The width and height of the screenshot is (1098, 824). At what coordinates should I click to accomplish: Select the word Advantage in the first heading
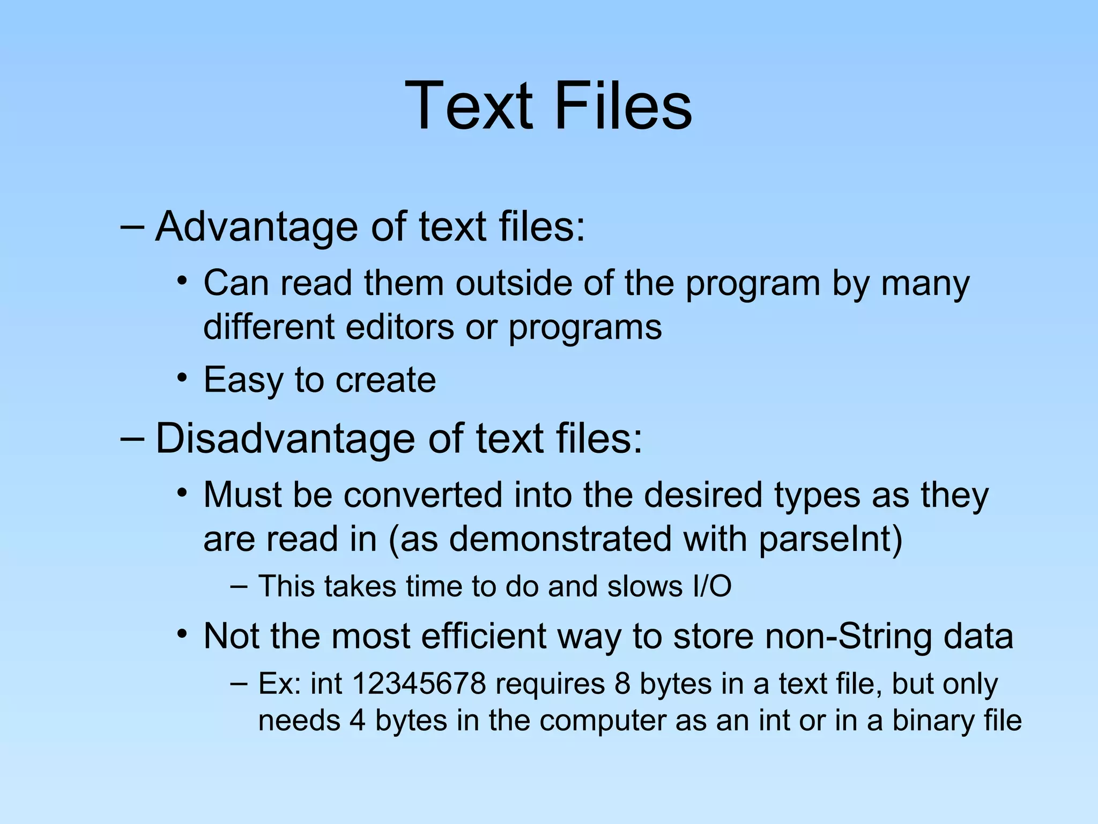coord(256,227)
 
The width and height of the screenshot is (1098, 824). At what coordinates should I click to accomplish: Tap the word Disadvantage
coord(285,439)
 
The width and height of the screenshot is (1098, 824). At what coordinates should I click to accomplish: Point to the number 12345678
coord(419,684)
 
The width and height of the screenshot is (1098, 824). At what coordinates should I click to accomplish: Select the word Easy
coord(243,380)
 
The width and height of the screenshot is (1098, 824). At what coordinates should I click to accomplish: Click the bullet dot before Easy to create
coord(183,378)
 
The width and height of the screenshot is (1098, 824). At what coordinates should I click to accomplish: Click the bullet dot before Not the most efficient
coord(183,635)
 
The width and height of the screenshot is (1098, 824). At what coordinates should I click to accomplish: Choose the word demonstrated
coord(560,539)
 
